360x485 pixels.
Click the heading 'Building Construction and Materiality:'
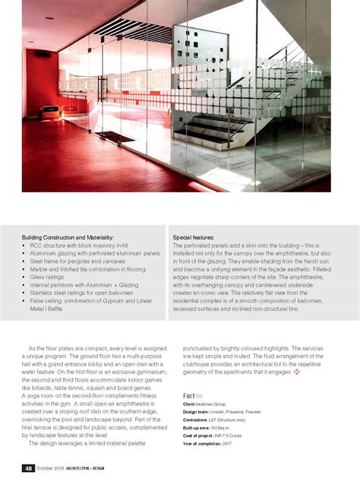[68, 238]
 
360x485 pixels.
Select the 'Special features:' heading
[194, 238]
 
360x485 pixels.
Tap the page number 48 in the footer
[27, 467]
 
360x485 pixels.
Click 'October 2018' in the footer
[52, 467]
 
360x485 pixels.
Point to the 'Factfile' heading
[193, 396]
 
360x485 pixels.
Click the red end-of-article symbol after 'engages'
[296, 372]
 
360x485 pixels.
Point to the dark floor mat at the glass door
[115, 137]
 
